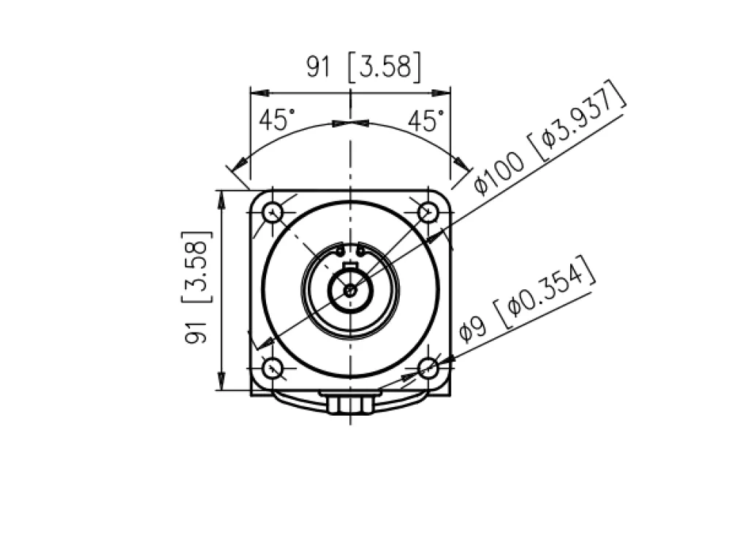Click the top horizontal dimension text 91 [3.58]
pos(363,66)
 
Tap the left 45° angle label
pos(277,120)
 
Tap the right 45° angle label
pos(426,121)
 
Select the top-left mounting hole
pos(273,213)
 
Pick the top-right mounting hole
pos(428,213)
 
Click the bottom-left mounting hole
pos(273,368)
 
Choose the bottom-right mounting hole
pos(428,368)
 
